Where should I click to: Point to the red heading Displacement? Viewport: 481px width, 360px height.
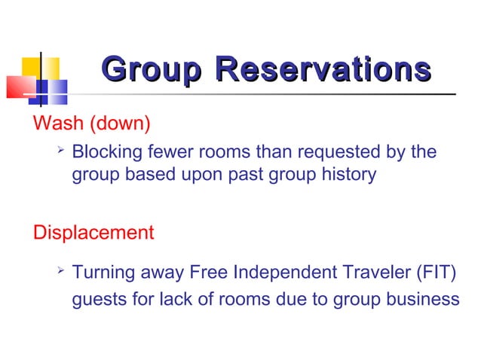(93, 232)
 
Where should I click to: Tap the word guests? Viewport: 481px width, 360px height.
(96, 299)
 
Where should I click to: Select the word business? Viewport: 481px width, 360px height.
(423, 299)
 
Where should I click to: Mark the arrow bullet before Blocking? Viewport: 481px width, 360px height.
(61, 151)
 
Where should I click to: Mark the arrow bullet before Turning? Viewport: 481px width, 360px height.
(61, 270)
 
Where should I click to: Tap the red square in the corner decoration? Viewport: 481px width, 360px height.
(18, 86)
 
